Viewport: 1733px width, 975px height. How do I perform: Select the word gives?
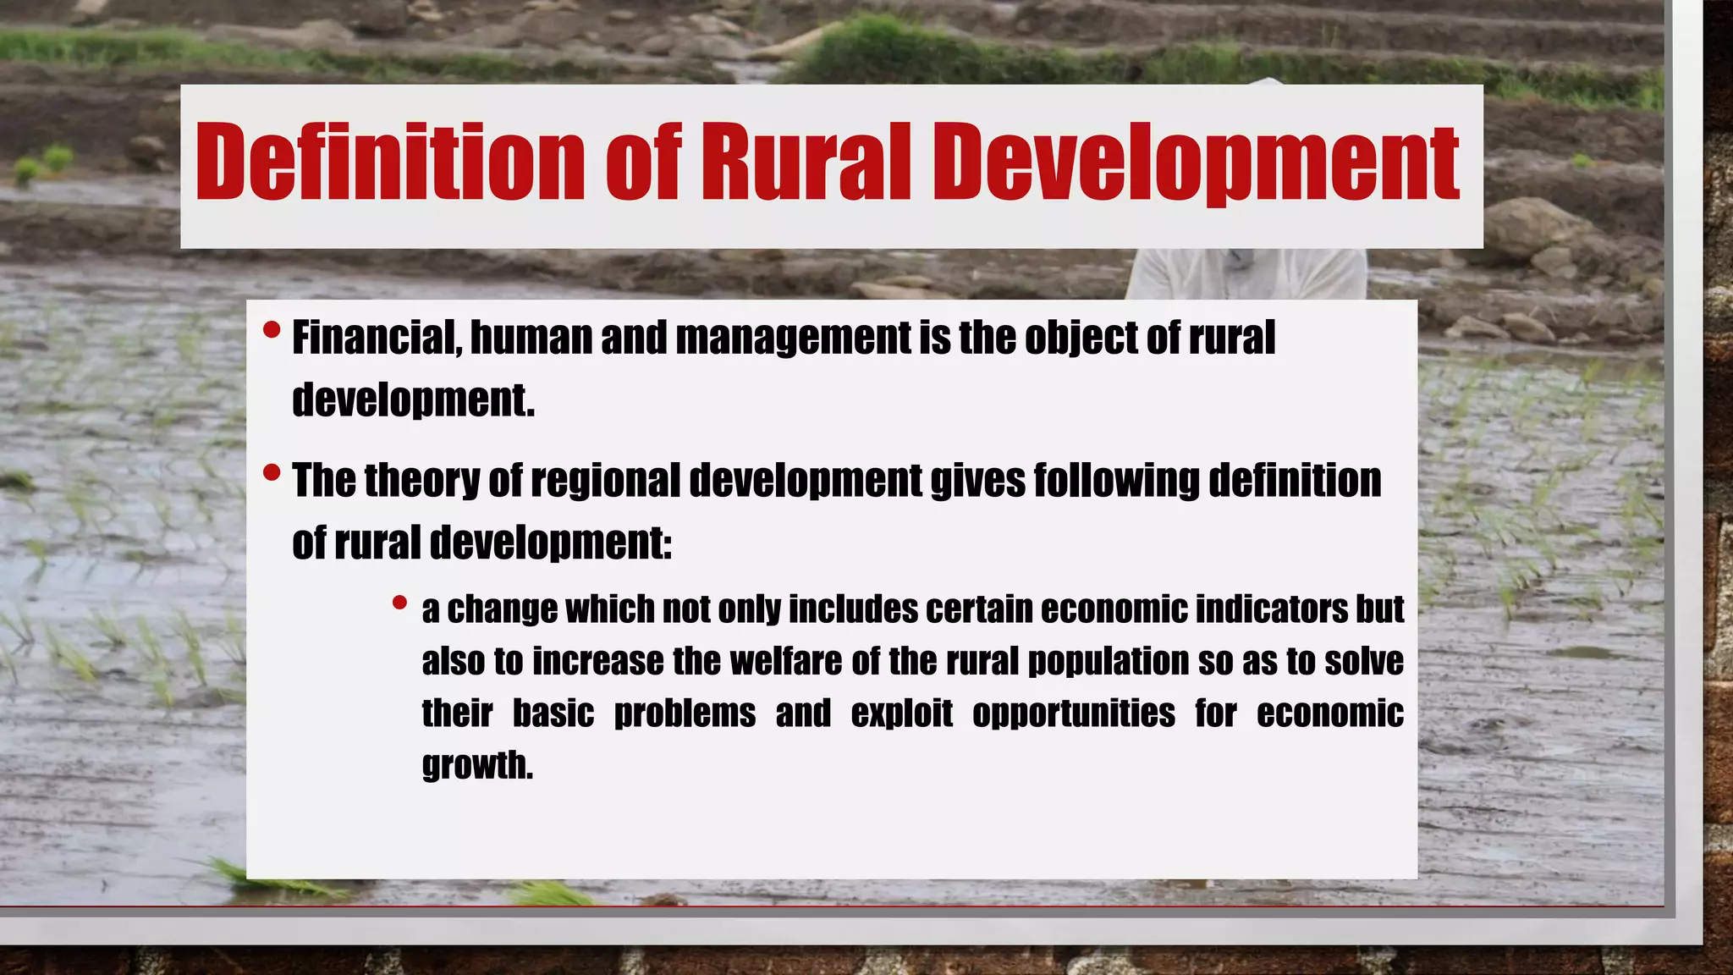[977, 481]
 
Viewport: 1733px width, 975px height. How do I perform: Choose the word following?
[1116, 481]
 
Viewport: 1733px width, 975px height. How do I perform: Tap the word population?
[1109, 662]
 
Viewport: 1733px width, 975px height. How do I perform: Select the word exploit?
[901, 713]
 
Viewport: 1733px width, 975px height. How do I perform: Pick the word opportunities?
[1073, 714]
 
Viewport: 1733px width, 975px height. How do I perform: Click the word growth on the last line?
[477, 766]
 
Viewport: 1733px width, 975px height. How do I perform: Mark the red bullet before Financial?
[271, 329]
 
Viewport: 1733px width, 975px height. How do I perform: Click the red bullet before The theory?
[271, 472]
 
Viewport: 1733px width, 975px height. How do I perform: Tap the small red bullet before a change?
[399, 603]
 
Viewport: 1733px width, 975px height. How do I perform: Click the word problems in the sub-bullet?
[685, 714]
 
